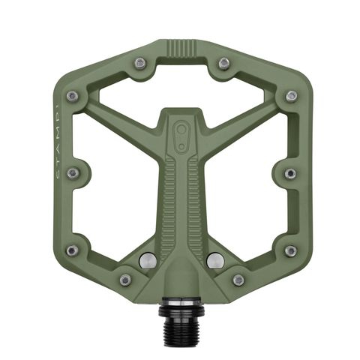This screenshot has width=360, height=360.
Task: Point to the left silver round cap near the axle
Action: click(x=147, y=260)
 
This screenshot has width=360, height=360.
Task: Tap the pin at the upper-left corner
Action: click(x=72, y=96)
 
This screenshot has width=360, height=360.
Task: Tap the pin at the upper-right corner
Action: click(x=291, y=96)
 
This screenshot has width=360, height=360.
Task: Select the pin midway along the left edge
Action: click(x=73, y=173)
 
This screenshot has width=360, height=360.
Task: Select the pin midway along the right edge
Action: click(x=291, y=173)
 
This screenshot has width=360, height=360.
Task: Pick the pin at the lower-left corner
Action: click(x=72, y=250)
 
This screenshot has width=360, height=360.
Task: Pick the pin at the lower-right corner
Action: click(x=291, y=250)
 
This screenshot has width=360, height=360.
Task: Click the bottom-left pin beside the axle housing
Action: click(x=125, y=280)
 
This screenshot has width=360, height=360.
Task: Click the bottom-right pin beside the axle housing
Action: click(x=238, y=280)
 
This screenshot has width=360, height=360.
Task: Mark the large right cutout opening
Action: click(x=247, y=180)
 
